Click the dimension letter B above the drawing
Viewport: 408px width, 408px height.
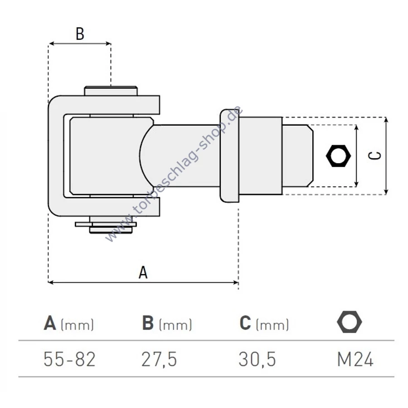point(80,34)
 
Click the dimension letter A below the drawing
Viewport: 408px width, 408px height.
point(143,272)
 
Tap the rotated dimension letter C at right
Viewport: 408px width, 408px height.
point(374,155)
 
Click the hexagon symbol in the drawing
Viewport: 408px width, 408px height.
point(338,156)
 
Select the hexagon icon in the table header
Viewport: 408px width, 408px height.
point(349,322)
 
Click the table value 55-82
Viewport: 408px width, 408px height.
point(69,359)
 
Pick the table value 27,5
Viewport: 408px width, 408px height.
point(159,359)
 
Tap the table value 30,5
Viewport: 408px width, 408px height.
point(257,359)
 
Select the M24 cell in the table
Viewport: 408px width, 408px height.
point(355,359)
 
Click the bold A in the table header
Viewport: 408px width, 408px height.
point(50,323)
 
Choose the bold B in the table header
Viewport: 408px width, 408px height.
point(148,323)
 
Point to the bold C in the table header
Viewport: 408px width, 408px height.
point(245,323)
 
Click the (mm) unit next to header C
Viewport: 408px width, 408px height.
point(272,325)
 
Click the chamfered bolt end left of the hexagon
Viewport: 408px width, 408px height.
point(298,155)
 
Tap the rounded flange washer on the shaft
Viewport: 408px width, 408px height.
point(229,155)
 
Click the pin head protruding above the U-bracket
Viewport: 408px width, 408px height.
point(111,91)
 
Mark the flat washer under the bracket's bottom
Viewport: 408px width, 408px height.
point(106,224)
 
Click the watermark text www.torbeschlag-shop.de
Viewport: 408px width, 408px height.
point(175,175)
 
